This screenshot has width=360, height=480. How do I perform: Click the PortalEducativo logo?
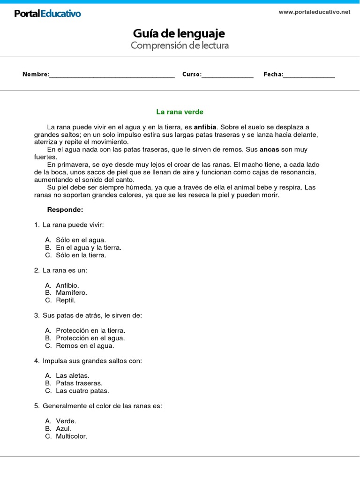47,14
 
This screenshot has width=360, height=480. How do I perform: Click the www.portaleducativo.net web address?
314,12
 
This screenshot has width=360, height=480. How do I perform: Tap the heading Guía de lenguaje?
180,33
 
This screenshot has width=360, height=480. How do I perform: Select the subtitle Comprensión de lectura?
180,45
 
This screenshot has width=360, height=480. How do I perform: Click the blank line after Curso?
228,75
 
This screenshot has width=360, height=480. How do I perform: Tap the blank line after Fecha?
309,75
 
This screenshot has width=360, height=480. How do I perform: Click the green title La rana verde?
180,112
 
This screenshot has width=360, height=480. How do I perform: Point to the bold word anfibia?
205,127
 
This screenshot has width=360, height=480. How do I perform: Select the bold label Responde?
65,210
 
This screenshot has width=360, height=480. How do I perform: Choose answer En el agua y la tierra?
88,247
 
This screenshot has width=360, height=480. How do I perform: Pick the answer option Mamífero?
71,292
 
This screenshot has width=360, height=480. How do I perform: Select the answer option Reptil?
65,300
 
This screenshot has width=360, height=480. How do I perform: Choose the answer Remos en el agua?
85,345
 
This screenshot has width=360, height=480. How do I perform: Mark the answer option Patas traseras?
79,383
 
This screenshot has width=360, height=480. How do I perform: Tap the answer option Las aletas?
72,375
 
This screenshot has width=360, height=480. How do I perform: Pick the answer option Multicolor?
71,436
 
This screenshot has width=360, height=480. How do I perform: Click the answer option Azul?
63,428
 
